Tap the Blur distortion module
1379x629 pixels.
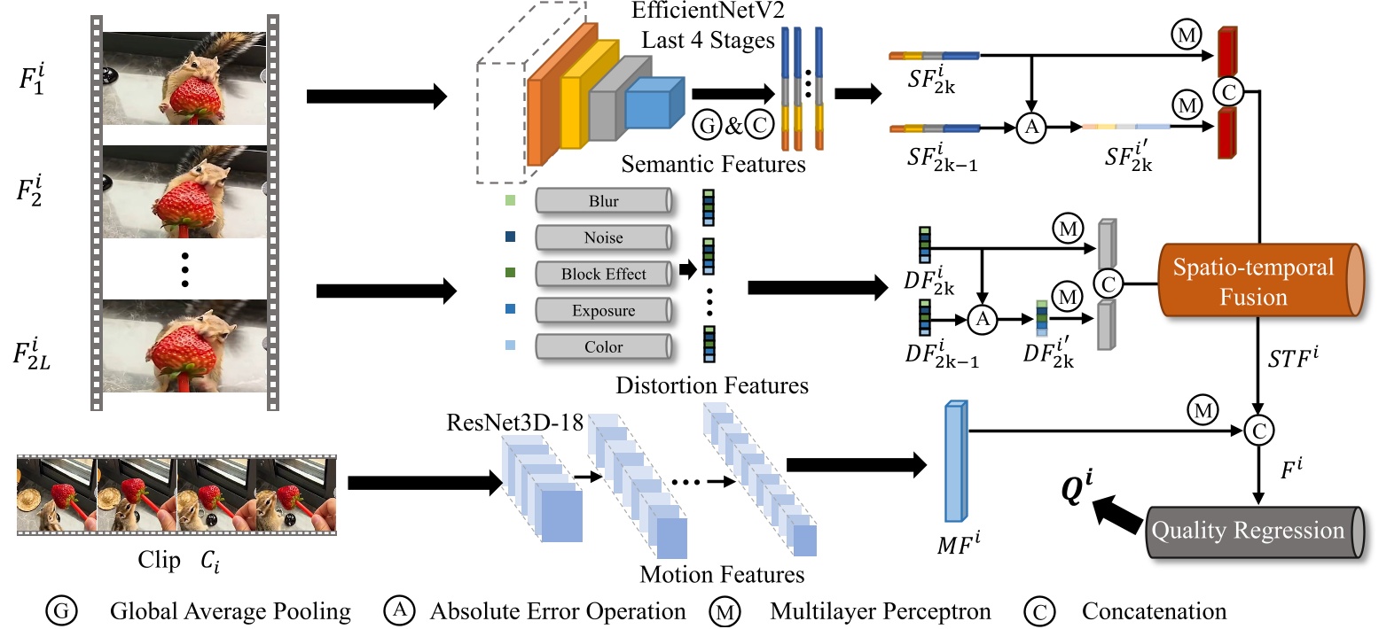[603, 201]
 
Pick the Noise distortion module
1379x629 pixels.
[603, 237]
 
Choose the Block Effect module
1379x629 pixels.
[603, 274]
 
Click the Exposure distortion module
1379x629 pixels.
[603, 311]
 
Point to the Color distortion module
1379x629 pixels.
[603, 347]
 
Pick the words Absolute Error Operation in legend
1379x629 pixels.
[557, 610]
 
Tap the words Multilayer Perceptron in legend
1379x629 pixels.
[880, 610]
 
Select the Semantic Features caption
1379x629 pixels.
[714, 164]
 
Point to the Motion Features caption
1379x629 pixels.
[722, 573]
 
